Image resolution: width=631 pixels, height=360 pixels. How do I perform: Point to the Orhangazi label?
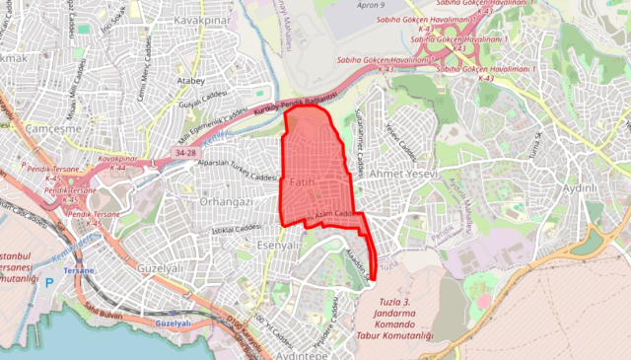point(226,201)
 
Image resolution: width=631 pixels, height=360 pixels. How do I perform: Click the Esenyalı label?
point(277,246)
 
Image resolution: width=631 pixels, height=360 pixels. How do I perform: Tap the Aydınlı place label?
point(580,188)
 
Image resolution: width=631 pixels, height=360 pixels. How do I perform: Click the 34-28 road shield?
point(185,154)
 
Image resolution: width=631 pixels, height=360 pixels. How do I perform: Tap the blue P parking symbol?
point(49,282)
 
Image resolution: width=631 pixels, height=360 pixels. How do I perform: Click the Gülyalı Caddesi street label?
point(198,102)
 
